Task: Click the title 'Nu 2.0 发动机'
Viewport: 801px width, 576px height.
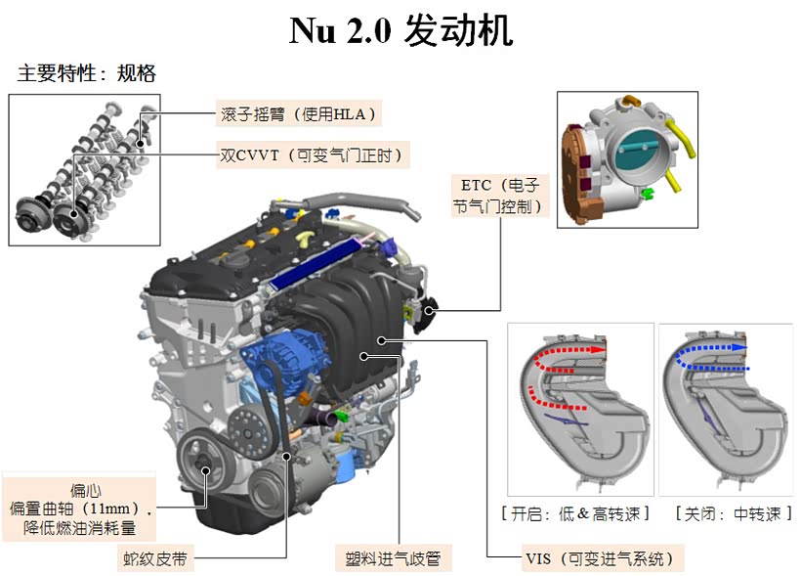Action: [401, 30]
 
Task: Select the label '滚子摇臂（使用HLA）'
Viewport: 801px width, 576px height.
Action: [298, 113]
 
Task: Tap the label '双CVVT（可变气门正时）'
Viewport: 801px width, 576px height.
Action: [313, 155]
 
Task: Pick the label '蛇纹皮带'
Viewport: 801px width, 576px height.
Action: [155, 558]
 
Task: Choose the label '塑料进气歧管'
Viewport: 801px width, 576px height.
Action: [393, 558]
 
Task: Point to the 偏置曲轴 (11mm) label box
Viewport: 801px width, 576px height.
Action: [79, 509]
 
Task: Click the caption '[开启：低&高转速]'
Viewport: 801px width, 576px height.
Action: [575, 513]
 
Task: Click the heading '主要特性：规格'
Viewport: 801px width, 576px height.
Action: [87, 73]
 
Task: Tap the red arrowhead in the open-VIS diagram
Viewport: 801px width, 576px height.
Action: [598, 350]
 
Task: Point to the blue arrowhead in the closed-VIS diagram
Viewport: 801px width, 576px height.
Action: [739, 347]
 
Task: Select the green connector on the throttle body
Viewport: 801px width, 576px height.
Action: [648, 194]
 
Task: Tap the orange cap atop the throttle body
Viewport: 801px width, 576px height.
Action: [630, 100]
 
